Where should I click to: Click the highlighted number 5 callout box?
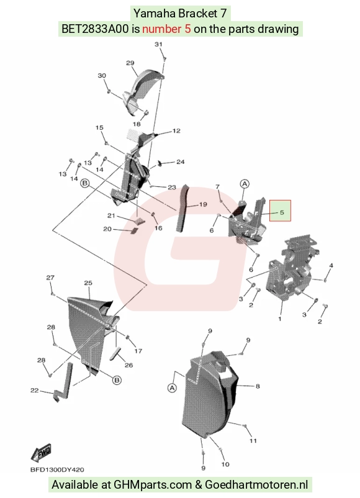(x=280, y=211)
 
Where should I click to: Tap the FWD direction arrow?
(x=41, y=453)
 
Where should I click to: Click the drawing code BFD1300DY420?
(x=57, y=469)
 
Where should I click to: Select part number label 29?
(x=130, y=63)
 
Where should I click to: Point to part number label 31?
(x=158, y=44)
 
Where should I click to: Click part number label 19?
(x=203, y=204)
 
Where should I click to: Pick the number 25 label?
(x=88, y=283)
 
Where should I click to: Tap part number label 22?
(x=34, y=391)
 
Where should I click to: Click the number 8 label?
(x=258, y=386)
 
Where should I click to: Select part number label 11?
(x=253, y=441)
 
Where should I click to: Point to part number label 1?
(x=280, y=319)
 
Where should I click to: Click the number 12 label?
(x=176, y=130)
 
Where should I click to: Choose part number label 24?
(x=181, y=162)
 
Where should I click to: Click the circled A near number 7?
(x=245, y=184)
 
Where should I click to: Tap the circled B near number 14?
(x=84, y=183)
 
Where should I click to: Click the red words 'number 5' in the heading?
(x=167, y=29)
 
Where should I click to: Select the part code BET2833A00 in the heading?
(x=95, y=29)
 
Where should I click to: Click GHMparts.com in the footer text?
(x=153, y=485)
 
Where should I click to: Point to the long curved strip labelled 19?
(x=183, y=210)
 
